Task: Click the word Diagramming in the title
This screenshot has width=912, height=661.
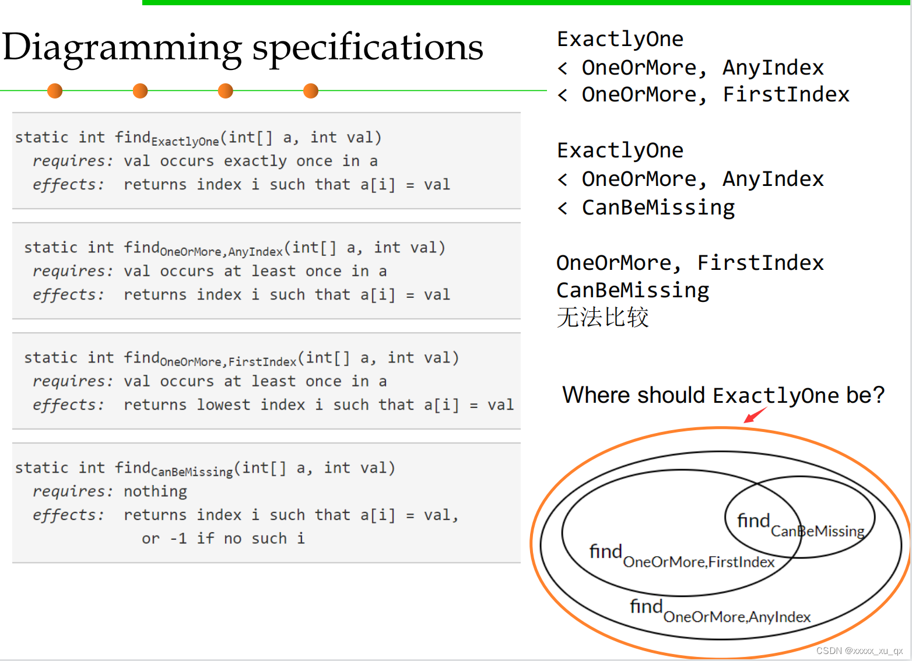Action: point(122,48)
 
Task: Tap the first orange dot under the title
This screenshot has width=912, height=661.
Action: point(55,91)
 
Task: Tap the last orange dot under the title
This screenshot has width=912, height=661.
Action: point(311,91)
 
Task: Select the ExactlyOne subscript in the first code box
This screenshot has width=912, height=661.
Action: point(185,142)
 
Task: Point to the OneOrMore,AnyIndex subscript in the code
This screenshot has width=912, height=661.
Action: point(221,252)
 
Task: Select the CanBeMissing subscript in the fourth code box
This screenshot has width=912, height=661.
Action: point(192,472)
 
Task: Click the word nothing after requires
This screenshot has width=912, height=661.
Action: point(155,491)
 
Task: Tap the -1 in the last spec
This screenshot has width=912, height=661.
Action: point(178,539)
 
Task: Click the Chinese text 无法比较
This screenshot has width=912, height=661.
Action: point(602,318)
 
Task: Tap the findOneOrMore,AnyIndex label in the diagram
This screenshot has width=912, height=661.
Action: point(720,611)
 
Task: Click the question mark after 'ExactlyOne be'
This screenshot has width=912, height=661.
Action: point(878,395)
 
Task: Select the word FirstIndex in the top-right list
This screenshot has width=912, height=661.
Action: point(786,94)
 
